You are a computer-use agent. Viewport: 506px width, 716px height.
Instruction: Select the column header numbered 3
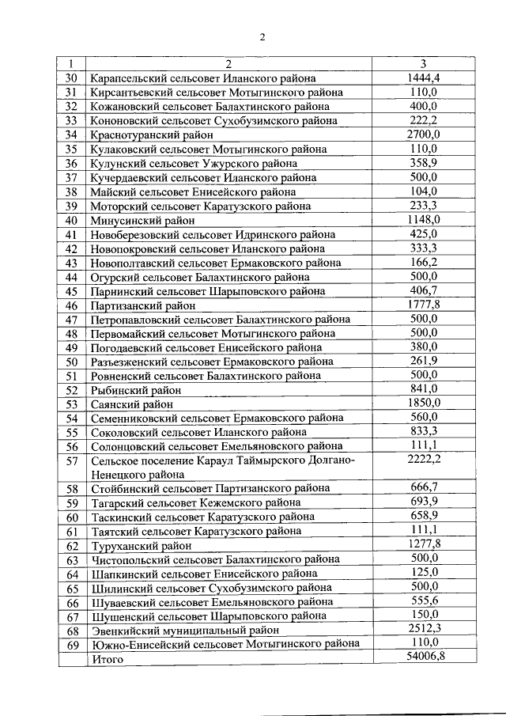tap(423, 64)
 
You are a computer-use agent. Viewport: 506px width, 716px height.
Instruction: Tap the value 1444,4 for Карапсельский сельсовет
tap(423, 78)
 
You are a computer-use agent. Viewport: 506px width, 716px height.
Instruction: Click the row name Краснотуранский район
tap(151, 135)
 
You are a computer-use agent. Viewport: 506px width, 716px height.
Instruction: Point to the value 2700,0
tap(423, 134)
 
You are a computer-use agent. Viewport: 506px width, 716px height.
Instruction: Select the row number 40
tap(72, 221)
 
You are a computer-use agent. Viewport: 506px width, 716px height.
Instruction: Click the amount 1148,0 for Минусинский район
tap(423, 220)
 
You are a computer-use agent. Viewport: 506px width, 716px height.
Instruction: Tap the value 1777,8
tap(423, 305)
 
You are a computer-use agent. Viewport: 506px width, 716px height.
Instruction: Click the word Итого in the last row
tap(108, 658)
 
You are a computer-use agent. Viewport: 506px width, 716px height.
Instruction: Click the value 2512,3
tap(423, 630)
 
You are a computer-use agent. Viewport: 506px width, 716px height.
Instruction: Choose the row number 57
tap(72, 461)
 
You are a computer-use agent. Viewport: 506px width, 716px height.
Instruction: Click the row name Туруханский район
tap(141, 546)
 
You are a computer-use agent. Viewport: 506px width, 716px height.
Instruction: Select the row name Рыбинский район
tap(136, 390)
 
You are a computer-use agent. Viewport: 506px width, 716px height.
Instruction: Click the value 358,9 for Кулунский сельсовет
tap(423, 163)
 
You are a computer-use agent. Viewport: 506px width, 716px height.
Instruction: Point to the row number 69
tap(72, 645)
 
